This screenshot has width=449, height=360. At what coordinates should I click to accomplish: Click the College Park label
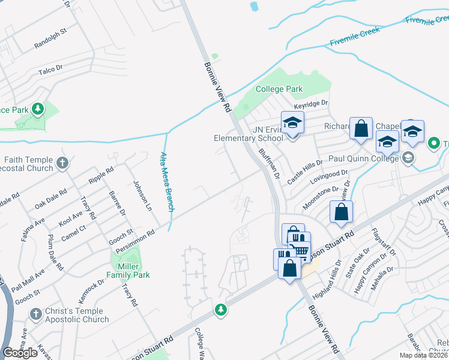[x=279, y=89]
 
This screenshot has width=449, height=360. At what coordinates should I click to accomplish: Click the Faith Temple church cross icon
[x=62, y=162]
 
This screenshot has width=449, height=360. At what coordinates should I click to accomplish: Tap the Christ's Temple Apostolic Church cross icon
[x=36, y=313]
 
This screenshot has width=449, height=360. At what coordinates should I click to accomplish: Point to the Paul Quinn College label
[x=363, y=158]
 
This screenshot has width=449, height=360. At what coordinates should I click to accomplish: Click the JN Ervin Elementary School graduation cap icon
[x=292, y=123]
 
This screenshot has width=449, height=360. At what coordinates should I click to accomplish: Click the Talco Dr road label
[x=50, y=70]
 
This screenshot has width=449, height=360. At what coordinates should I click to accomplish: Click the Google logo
[x=21, y=353]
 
